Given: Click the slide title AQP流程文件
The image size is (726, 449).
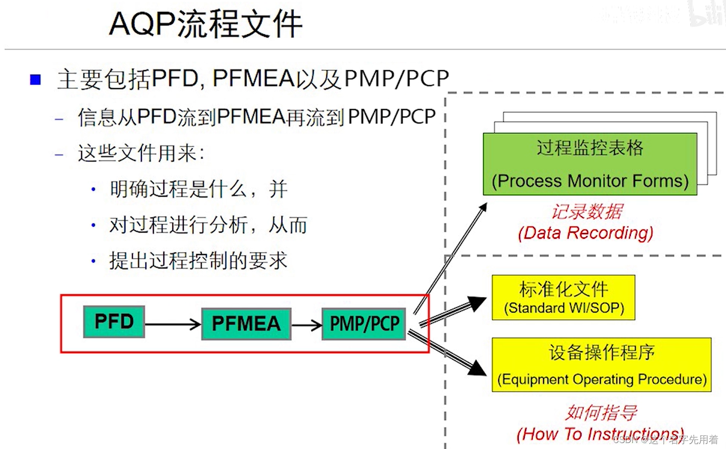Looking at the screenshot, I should (205, 24).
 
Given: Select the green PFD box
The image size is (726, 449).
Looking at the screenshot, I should (114, 322).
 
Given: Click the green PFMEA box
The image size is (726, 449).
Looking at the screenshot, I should (246, 324).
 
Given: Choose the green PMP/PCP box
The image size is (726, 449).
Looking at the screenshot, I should (364, 324).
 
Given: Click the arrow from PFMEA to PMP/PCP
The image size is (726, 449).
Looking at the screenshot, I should (306, 325).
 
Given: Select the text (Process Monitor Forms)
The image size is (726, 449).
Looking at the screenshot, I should (590, 181).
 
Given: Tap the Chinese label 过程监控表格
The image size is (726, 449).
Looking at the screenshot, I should (590, 148).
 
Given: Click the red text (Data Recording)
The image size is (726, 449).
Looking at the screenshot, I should (585, 233).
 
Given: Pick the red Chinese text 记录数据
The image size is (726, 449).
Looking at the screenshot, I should (587, 212).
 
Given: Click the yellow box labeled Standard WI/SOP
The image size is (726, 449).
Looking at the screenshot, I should (564, 298).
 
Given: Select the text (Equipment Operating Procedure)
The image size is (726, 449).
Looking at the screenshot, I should (602, 379).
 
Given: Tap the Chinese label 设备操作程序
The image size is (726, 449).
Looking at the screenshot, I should (601, 352).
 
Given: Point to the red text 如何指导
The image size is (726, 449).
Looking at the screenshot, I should (601, 413).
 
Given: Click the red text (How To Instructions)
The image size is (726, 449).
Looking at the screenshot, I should (600, 434).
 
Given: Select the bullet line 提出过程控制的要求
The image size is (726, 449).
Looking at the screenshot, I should (198, 261).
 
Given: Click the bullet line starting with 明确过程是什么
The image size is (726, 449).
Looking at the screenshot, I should (198, 189).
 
